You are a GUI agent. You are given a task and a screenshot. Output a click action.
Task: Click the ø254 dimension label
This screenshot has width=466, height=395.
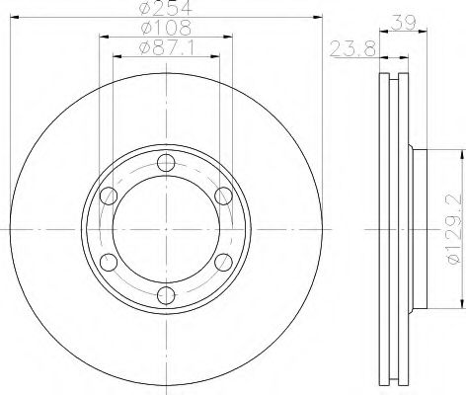(166, 7)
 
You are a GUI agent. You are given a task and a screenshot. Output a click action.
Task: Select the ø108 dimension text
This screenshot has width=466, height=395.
(166, 28)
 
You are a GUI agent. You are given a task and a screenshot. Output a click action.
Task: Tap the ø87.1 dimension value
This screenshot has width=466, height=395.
(166, 48)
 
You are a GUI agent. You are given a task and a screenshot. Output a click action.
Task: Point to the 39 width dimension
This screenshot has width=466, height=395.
(404, 23)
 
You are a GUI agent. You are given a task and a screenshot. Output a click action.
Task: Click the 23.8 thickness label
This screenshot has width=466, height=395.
(352, 49)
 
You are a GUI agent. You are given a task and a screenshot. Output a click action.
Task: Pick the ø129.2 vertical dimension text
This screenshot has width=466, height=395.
(453, 229)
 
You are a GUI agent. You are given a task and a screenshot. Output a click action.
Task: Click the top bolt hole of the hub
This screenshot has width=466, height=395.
(166, 163)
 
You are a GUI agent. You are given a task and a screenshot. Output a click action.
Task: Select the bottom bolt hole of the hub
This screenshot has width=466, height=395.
(166, 295)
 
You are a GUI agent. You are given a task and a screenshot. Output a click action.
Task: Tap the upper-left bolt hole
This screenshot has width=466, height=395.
(109, 196)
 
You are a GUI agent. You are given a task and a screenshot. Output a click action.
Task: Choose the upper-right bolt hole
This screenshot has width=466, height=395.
(223, 196)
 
